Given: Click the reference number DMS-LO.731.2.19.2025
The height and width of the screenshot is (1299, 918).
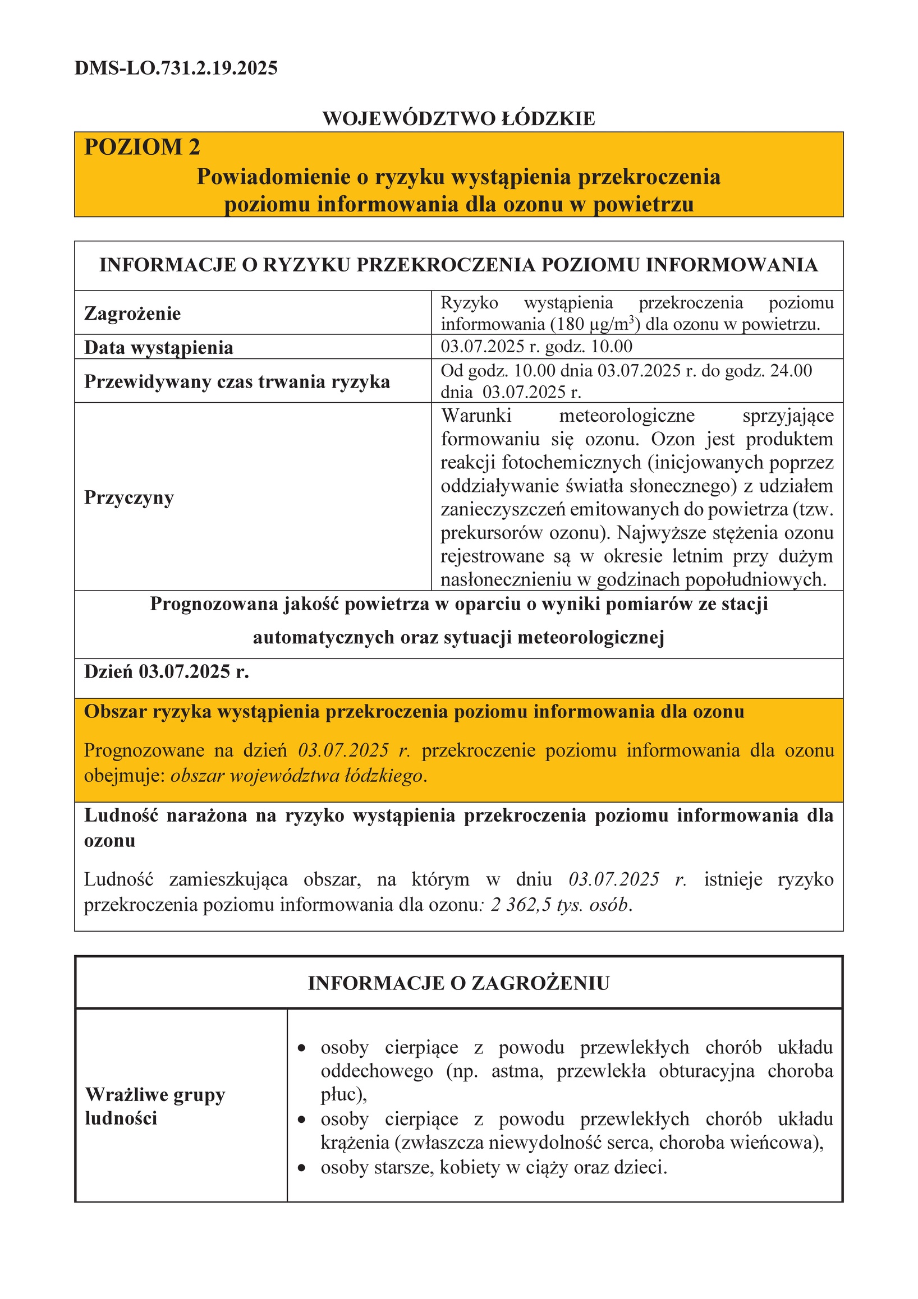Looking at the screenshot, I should point(176,68).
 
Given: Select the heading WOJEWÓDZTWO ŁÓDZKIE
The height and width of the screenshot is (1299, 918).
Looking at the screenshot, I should point(458,119).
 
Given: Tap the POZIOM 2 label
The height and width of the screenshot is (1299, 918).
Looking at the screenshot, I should point(142,147).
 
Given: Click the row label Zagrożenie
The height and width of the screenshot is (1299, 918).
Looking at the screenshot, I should point(132,314).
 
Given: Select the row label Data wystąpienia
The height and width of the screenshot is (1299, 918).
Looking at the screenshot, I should point(158,347).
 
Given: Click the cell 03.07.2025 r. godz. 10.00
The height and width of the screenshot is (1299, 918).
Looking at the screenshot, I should point(536,346).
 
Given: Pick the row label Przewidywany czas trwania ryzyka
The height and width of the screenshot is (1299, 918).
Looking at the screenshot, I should point(237,382).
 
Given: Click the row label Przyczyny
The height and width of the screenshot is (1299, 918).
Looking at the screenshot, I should point(129,498).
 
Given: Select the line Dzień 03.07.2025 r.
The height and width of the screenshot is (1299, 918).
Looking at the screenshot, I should point(167,671).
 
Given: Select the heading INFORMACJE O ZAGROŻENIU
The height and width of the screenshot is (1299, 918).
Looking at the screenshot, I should point(458,983).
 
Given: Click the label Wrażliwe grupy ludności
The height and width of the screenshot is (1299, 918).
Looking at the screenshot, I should point(154,1106).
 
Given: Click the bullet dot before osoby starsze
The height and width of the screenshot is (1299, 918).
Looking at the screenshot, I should point(302,1167).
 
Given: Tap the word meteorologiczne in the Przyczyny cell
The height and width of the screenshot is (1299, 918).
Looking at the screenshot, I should point(627,416).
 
